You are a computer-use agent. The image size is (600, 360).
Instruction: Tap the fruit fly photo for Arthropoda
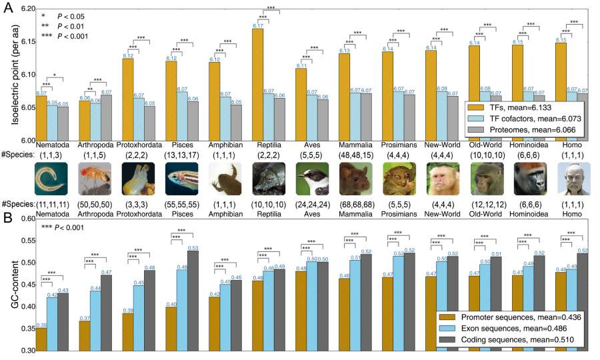(94, 178)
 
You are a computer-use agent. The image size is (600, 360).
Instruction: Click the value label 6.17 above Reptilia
(257, 25)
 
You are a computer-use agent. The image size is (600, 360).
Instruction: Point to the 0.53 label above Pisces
(193, 247)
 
